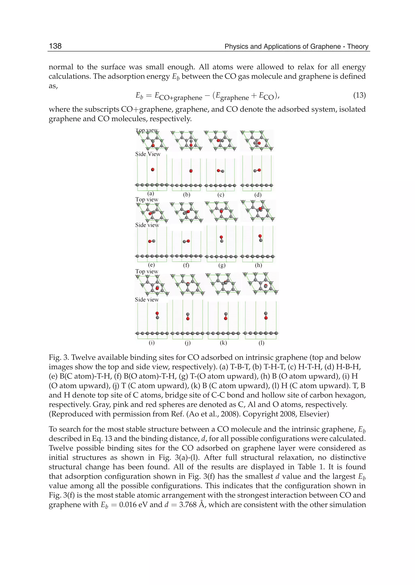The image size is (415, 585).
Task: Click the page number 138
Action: click(x=55, y=46)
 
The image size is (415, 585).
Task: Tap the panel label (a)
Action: click(x=151, y=193)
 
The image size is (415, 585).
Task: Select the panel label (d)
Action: click(x=258, y=195)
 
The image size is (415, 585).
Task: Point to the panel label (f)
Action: click(x=186, y=265)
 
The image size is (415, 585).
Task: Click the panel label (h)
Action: click(x=258, y=265)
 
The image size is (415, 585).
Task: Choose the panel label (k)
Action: click(x=223, y=343)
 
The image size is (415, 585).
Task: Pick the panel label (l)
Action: click(x=261, y=343)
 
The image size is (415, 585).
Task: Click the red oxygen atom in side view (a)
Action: click(x=153, y=169)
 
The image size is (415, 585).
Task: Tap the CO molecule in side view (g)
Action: click(x=221, y=239)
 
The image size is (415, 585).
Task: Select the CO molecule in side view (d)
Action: click(x=257, y=170)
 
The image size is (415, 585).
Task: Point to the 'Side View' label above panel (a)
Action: click(x=148, y=154)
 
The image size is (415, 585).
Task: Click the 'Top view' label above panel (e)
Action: click(x=147, y=199)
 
